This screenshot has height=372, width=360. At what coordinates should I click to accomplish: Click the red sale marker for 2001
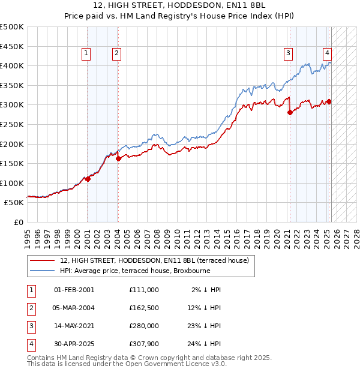(x=88, y=179)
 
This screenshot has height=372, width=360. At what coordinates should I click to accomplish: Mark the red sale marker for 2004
(x=118, y=159)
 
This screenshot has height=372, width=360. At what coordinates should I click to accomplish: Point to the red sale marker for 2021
(x=290, y=113)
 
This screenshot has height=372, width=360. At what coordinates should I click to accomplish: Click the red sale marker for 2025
(x=329, y=101)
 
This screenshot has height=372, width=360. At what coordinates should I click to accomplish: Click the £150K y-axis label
(x=12, y=163)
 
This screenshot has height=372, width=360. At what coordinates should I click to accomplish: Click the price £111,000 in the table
(x=144, y=290)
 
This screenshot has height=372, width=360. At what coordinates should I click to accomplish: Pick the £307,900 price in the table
(x=144, y=344)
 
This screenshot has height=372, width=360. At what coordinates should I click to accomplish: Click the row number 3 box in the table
(x=31, y=326)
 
